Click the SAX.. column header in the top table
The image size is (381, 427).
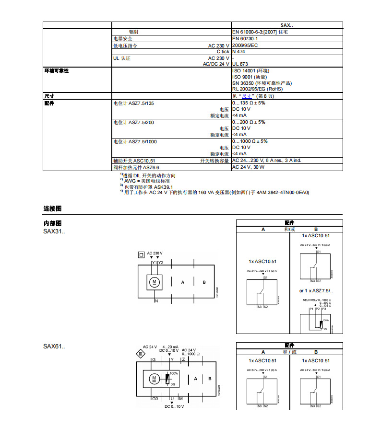click(x=287, y=25)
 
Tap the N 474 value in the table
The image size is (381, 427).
click(x=239, y=51)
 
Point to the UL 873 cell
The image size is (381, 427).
click(x=240, y=64)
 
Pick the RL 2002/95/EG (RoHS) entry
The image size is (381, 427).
click(x=257, y=89)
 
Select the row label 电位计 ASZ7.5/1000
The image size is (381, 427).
click(x=135, y=141)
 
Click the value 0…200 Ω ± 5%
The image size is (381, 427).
click(x=249, y=122)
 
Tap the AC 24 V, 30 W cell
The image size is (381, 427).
click(x=248, y=167)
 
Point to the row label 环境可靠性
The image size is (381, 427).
click(x=57, y=70)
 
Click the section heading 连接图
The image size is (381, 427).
click(x=53, y=209)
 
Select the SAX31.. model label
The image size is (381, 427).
click(x=54, y=232)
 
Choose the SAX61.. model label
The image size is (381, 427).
click(x=54, y=346)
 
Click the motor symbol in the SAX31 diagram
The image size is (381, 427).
click(x=155, y=281)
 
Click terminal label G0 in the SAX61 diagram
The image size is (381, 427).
click(x=155, y=399)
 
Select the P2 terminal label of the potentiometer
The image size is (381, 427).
click(x=318, y=310)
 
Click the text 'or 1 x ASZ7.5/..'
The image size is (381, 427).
click(x=316, y=291)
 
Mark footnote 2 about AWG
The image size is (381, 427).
click(x=146, y=181)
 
